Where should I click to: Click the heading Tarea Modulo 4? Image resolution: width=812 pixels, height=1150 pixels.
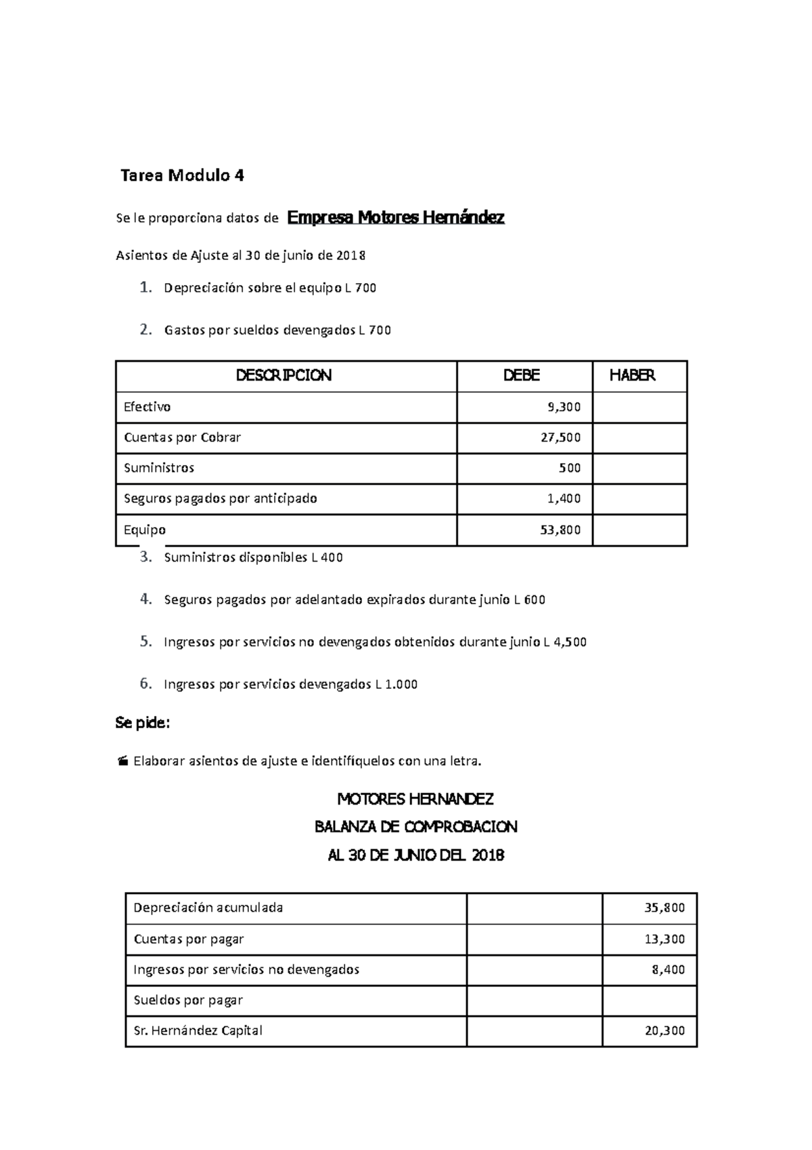pyautogui.click(x=182, y=176)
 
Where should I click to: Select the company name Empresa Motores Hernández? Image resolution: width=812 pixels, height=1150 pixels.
pyautogui.click(x=396, y=217)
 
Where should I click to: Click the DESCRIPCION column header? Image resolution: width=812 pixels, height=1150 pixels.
pyautogui.click(x=284, y=376)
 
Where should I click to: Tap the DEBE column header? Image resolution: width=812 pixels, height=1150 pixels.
pyautogui.click(x=522, y=376)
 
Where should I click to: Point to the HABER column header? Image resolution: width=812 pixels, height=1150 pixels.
pyautogui.click(x=632, y=376)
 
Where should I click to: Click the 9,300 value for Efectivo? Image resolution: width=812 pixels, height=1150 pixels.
pyautogui.click(x=564, y=407)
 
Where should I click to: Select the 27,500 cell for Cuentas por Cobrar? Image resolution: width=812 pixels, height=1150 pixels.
pyautogui.click(x=560, y=438)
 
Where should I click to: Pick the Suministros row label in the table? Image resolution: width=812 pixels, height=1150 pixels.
pyautogui.click(x=159, y=468)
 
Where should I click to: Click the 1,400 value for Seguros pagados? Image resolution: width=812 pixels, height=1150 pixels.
pyautogui.click(x=564, y=498)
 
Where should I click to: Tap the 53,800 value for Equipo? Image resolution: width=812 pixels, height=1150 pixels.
pyautogui.click(x=560, y=530)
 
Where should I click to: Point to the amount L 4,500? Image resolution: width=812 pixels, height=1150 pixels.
pyautogui.click(x=565, y=642)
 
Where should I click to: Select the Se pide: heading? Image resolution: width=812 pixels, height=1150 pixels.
pyautogui.click(x=143, y=723)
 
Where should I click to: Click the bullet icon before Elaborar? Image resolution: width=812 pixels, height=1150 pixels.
pyautogui.click(x=122, y=762)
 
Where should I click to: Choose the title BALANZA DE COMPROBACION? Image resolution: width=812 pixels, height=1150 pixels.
pyautogui.click(x=415, y=827)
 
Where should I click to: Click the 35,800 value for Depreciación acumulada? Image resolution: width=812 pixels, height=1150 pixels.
pyautogui.click(x=664, y=908)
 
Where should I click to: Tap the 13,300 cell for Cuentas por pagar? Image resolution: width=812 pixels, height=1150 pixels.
pyautogui.click(x=664, y=939)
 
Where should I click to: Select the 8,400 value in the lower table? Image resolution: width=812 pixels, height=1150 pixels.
pyautogui.click(x=668, y=970)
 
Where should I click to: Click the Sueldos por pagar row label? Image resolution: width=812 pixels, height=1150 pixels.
pyautogui.click(x=188, y=1000)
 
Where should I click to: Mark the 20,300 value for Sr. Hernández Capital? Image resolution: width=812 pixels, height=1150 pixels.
pyautogui.click(x=664, y=1031)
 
